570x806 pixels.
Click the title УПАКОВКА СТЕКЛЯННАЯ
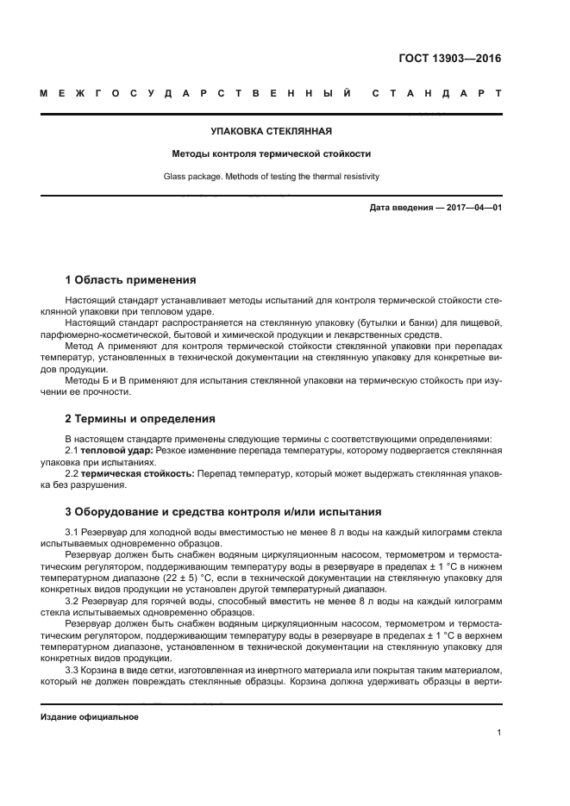pyautogui.click(x=272, y=132)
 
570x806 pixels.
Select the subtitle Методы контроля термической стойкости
pyautogui.click(x=272, y=154)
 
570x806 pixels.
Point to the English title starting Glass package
pyautogui.click(x=272, y=177)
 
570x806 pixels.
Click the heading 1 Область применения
pyautogui.click(x=131, y=280)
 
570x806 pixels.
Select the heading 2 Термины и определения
pyautogui.click(x=141, y=419)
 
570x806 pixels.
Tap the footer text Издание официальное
pyautogui.click(x=90, y=716)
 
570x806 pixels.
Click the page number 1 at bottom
pyautogui.click(x=498, y=733)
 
